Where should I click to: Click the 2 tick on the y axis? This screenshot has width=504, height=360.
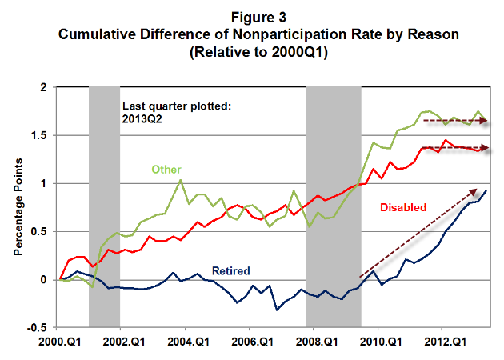pyautogui.click(x=46, y=87)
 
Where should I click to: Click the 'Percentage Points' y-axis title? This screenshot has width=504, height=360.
pyautogui.click(x=18, y=207)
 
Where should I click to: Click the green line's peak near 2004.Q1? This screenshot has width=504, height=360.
pyautogui.click(x=180, y=180)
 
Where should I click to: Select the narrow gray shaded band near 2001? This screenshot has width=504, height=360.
pyautogui.click(x=104, y=207)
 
